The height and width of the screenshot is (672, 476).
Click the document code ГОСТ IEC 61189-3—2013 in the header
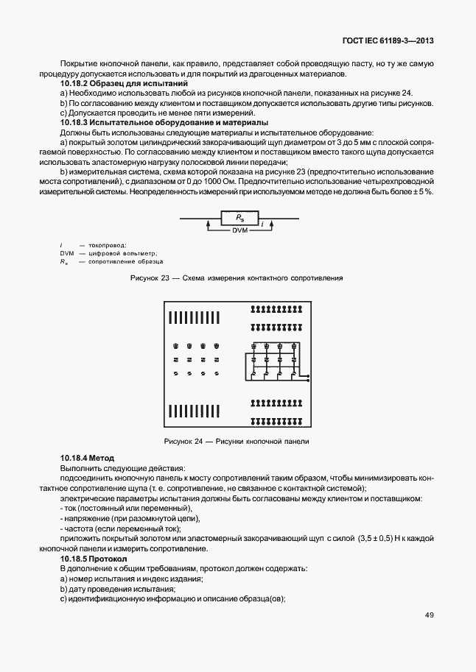tap(386, 42)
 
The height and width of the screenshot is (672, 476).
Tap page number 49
tap(428, 615)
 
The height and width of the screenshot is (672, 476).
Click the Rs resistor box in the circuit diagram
tap(239, 218)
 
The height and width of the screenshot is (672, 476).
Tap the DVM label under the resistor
tap(240, 230)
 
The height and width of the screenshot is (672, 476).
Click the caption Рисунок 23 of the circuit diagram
tap(236, 278)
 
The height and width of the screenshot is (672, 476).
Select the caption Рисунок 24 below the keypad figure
tap(236, 442)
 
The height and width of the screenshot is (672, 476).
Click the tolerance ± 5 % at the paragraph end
tap(421, 191)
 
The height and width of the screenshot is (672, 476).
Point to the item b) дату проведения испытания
tap(118, 589)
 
